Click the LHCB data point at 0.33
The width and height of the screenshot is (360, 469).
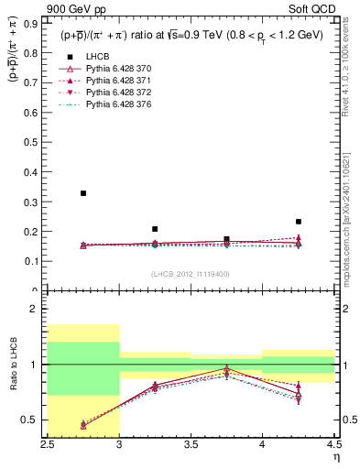[83, 193]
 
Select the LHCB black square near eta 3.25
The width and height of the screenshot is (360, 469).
[155, 229]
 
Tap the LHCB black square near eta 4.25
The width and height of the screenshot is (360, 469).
[298, 222]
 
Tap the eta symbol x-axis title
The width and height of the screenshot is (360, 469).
[335, 455]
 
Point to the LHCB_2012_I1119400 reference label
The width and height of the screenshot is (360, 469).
[191, 274]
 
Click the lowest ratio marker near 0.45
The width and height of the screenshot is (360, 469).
[83, 425]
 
